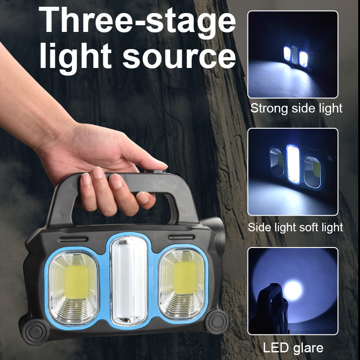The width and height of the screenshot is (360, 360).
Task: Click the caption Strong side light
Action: point(296,108)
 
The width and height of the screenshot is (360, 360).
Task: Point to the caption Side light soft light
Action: point(295,227)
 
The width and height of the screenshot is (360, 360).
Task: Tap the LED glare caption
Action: point(293,347)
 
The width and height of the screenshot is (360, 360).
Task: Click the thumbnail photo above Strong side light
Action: point(292,54)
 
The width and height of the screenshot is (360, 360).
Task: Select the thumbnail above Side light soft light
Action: point(292,172)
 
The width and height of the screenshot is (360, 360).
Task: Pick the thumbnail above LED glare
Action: point(292,291)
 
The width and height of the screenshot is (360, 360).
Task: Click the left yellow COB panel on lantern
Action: point(74,282)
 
